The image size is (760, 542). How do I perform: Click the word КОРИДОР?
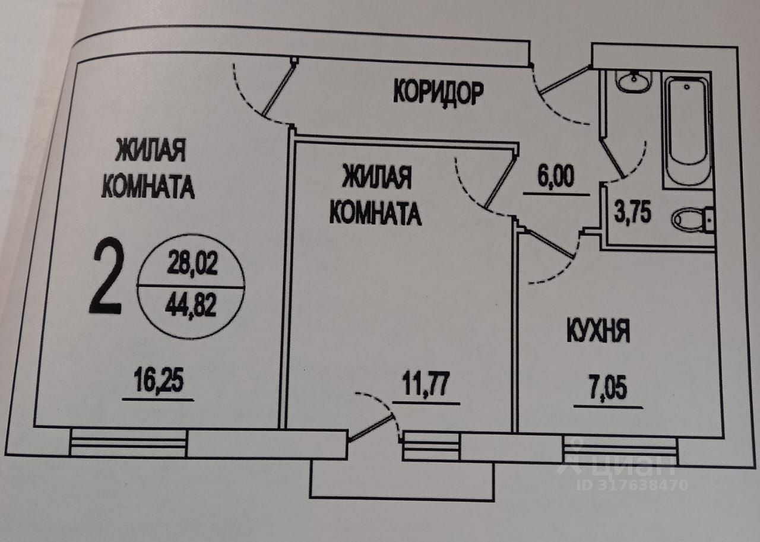438,93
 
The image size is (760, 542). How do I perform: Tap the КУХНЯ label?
596,331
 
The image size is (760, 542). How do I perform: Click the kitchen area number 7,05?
608,392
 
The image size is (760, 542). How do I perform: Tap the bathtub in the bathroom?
686,127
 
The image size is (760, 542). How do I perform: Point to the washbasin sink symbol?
633,81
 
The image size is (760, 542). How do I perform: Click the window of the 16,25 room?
129,443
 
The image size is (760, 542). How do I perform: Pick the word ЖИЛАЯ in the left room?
150,151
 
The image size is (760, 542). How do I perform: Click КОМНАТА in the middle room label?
375,213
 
